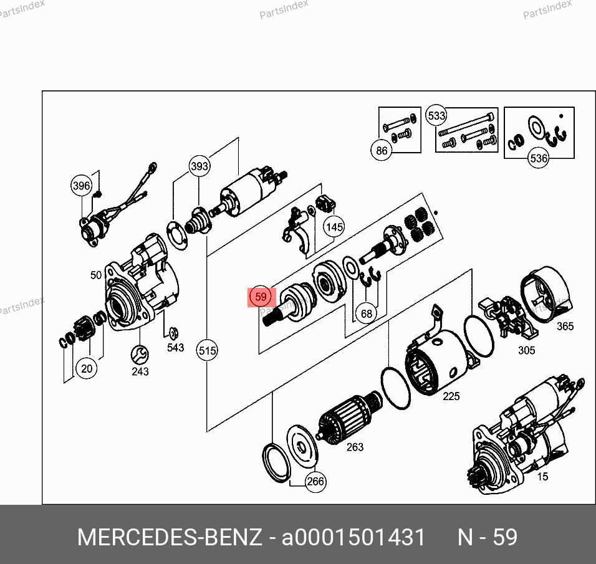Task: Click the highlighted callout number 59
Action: pos(261,297)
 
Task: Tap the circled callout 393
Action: pos(199,166)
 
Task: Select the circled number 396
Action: pos(82,186)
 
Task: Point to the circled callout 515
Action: pos(207,350)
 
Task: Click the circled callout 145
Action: pos(334,227)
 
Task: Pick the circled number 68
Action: pos(367,313)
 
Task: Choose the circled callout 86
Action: pos(382,150)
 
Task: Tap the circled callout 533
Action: pos(436,115)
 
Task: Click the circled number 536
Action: pos(539,158)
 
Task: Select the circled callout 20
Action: pos(87,368)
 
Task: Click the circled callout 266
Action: pos(315,482)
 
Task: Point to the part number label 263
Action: pos(355,447)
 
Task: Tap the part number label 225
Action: pos(451,396)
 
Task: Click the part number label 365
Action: pos(565,326)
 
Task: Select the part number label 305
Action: pos(526,350)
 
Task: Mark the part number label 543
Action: pos(176,347)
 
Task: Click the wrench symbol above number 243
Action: pos(140,355)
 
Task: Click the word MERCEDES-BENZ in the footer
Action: pos(170,537)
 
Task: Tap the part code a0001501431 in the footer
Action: pos(353,537)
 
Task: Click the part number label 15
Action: pos(543,476)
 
